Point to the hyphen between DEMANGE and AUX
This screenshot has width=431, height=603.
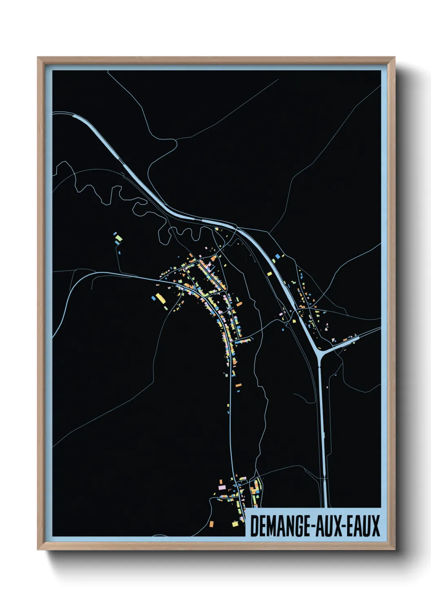pyautogui.click(x=312, y=527)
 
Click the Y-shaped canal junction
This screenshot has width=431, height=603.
pyautogui.click(x=319, y=351)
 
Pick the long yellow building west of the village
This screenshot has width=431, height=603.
pyautogui.click(x=161, y=298)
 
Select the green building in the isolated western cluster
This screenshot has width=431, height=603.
pyautogui.click(x=119, y=237)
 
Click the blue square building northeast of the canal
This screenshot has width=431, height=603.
pyautogui.click(x=278, y=256)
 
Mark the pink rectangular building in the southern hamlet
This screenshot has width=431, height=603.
pyautogui.click(x=222, y=487)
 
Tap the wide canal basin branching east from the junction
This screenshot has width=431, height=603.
pyautogui.click(x=346, y=342)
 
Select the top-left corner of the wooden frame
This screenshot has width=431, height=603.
pyautogui.click(x=38, y=58)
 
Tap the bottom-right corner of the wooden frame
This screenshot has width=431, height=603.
pyautogui.click(x=394, y=549)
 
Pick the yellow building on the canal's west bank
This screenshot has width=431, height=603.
pyautogui.click(x=270, y=274)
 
